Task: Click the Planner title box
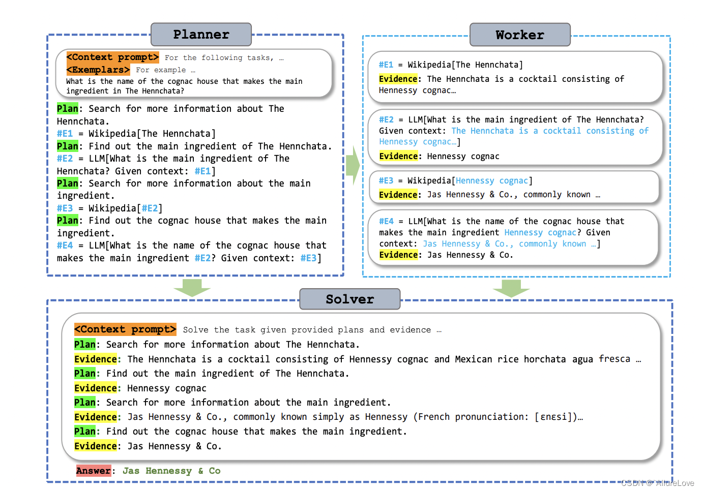coord(201,35)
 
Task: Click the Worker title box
coord(520,35)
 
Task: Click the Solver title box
coord(350,299)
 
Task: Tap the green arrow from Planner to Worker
coord(353,165)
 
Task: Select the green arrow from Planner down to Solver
coord(192,288)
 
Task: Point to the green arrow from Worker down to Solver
coord(511,288)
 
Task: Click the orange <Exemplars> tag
coord(98,70)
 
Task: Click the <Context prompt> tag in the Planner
coord(112,57)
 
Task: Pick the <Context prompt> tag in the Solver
coord(125,329)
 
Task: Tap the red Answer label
coord(94,470)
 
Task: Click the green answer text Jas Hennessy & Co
coord(171,471)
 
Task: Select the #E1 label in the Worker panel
coord(386,65)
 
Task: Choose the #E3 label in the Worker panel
coord(386,180)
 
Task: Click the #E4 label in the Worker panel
coord(386,222)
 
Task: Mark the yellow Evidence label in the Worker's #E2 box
coord(398,156)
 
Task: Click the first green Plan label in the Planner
coord(67,109)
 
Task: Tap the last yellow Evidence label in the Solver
coord(96,446)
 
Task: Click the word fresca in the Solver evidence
coord(615,359)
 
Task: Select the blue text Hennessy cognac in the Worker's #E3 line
coord(492,180)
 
